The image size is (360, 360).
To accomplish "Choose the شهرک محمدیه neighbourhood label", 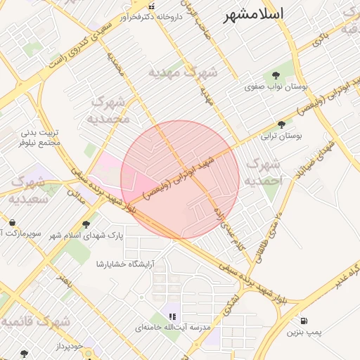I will tap(109, 110).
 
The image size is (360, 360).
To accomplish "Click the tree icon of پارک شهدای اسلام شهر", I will tap(86, 225).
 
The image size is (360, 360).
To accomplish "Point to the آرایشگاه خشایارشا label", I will tap(126, 264).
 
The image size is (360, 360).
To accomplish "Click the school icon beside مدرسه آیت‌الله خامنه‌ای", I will tap(174, 316).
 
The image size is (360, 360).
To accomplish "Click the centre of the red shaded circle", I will tap(180, 179).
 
